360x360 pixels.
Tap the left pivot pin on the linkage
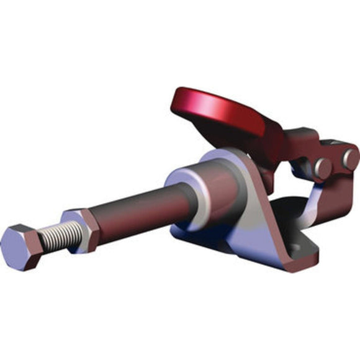point(322,167)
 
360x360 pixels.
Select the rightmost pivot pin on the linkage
point(349,159)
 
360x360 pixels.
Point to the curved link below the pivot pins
point(310,205)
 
